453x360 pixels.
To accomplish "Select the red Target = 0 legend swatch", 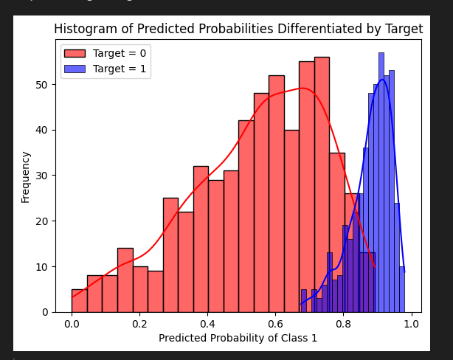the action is [x=75, y=53].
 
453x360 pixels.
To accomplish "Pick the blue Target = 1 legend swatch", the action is [x=75, y=69].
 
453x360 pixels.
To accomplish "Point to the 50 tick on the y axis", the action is [x=42, y=85].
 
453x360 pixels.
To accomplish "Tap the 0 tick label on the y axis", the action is [x=45, y=312].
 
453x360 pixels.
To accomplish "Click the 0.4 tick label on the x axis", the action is [x=207, y=324].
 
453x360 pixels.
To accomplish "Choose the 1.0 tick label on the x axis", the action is [x=411, y=324].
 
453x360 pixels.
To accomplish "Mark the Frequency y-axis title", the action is [x=25, y=177].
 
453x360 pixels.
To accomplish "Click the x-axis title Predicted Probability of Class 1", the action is [x=238, y=338].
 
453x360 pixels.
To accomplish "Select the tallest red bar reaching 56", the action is [x=322, y=184].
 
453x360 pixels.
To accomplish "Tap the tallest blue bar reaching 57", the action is [x=381, y=182].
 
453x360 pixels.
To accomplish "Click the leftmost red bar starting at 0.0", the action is [x=80, y=301].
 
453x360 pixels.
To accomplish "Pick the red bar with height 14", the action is [x=125, y=280].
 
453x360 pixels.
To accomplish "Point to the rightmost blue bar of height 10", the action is [x=402, y=289].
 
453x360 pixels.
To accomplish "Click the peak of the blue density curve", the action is [x=382, y=80].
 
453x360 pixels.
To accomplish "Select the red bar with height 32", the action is [x=201, y=239].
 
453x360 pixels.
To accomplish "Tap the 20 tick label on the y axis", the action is [x=42, y=221].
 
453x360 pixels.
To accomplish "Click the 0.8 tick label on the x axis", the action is [x=343, y=324].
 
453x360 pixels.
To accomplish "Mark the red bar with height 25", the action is [x=170, y=255].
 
